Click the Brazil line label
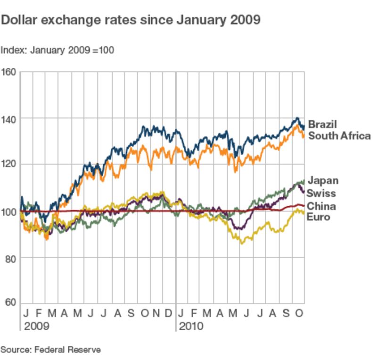coord(322,125)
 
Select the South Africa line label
coord(339,136)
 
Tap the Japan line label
coord(323,180)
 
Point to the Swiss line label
coord(321,193)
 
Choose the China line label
coord(321,206)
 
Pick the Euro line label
coord(319,217)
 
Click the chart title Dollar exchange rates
coord(131,20)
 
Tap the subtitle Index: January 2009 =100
coord(57,50)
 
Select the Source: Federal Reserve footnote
coord(50,350)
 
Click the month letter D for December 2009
coord(169,313)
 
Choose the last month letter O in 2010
coord(298,313)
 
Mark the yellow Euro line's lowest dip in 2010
coord(242,243)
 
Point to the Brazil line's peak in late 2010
coord(297,118)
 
